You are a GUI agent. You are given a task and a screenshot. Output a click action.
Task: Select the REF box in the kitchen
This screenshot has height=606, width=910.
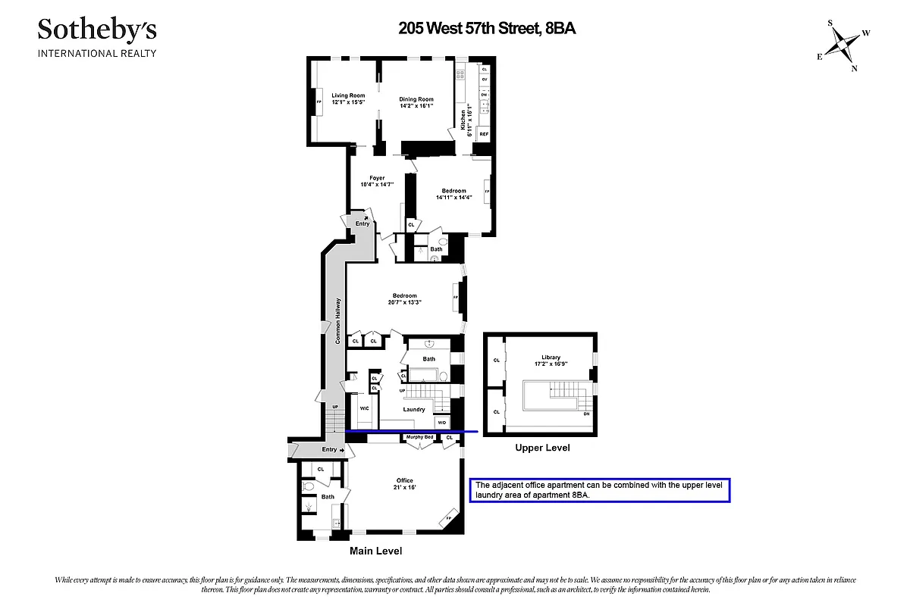pos(483,134)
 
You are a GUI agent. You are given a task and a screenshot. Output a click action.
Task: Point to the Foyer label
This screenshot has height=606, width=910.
pos(377,178)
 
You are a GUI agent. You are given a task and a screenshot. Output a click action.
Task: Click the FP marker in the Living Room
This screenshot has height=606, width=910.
pos(318,102)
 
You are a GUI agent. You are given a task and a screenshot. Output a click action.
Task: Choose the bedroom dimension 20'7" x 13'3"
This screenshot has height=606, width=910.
pos(404,302)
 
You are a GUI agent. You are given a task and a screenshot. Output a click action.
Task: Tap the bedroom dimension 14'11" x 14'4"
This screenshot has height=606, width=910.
pos(453,198)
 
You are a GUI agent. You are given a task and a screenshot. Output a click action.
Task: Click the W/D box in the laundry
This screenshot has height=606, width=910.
pos(441,421)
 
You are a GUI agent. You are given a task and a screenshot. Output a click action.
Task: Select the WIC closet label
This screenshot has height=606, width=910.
pos(364,408)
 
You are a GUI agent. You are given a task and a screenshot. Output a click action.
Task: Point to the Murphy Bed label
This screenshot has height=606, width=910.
pos(419,437)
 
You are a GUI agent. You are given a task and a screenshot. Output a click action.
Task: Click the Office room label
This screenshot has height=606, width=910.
pos(404,480)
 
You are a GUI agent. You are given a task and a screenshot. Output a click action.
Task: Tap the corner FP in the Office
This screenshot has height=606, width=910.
pos(448,518)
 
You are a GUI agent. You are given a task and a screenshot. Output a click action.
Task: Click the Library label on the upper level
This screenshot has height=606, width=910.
pos(551,358)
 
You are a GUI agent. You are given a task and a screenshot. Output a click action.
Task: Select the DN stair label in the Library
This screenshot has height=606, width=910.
pos(586,414)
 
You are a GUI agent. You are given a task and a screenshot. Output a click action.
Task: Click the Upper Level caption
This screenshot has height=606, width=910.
pos(541,448)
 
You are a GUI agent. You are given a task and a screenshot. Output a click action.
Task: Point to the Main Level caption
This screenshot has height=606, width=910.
pos(375,551)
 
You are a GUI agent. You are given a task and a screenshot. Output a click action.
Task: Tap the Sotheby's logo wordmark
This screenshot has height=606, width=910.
pos(97,30)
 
